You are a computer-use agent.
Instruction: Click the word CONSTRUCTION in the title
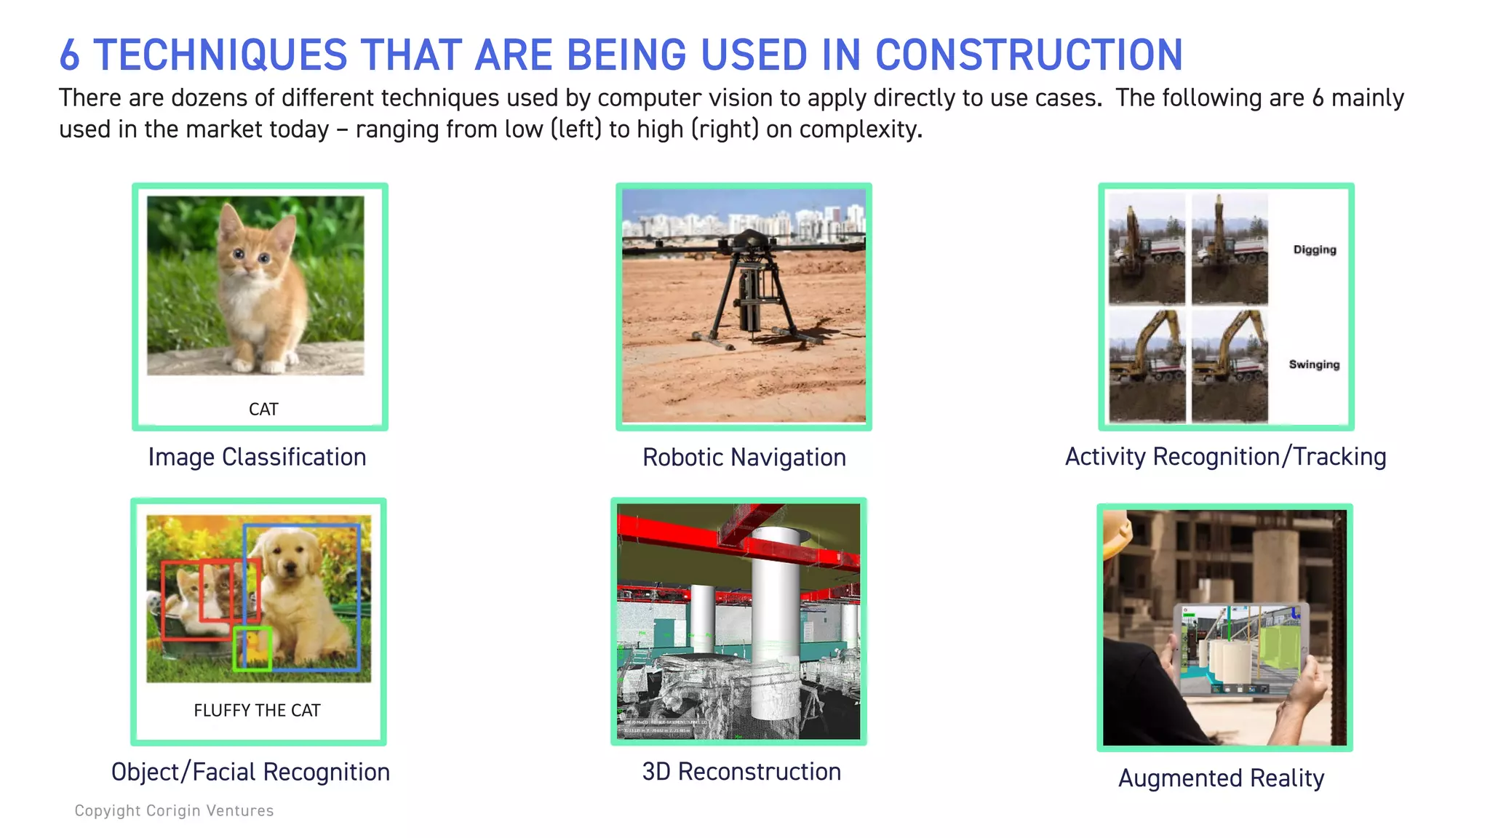1029,55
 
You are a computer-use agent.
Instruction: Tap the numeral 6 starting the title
69,55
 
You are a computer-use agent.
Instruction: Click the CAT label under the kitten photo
263,409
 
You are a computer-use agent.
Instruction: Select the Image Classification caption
257,457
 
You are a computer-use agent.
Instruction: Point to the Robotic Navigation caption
744,458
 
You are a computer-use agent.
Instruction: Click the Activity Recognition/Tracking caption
1225,457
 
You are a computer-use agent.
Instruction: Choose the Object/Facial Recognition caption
250,772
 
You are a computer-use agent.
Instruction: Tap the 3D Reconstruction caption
741,772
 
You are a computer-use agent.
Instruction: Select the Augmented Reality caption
1221,778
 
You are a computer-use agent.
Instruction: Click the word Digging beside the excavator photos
1314,250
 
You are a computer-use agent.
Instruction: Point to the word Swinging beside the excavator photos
1314,364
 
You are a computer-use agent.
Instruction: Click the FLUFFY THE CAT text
257,710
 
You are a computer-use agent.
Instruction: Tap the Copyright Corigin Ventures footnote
174,810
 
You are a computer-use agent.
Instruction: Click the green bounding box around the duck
252,648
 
